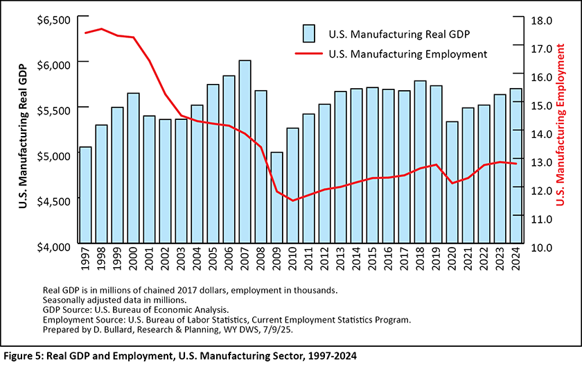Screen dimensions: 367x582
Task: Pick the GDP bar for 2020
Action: coord(452,184)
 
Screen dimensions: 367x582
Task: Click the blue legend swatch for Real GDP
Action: coord(309,33)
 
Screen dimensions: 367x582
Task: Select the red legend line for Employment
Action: coord(308,53)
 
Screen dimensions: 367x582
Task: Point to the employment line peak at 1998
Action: coord(101,29)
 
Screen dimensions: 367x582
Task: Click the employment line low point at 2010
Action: coord(292,200)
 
